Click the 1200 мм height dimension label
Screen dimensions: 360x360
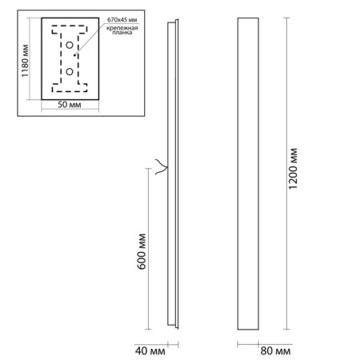click(x=293, y=169)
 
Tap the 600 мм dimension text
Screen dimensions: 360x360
click(x=142, y=251)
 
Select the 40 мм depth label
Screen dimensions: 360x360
click(x=150, y=351)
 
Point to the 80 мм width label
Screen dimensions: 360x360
click(x=275, y=351)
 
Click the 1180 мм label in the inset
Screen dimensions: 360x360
click(x=25, y=61)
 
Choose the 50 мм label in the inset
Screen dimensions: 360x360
click(x=70, y=105)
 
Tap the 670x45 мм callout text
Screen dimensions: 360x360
click(x=122, y=20)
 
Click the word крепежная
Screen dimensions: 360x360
click(x=122, y=28)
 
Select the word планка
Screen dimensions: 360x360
click(x=122, y=33)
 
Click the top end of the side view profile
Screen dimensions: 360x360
click(x=173, y=21)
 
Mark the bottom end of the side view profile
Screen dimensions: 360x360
click(x=173, y=327)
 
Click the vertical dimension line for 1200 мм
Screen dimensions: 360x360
click(x=286, y=174)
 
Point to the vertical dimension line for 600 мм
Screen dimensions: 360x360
click(x=148, y=249)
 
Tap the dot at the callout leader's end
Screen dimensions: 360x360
click(x=75, y=55)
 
